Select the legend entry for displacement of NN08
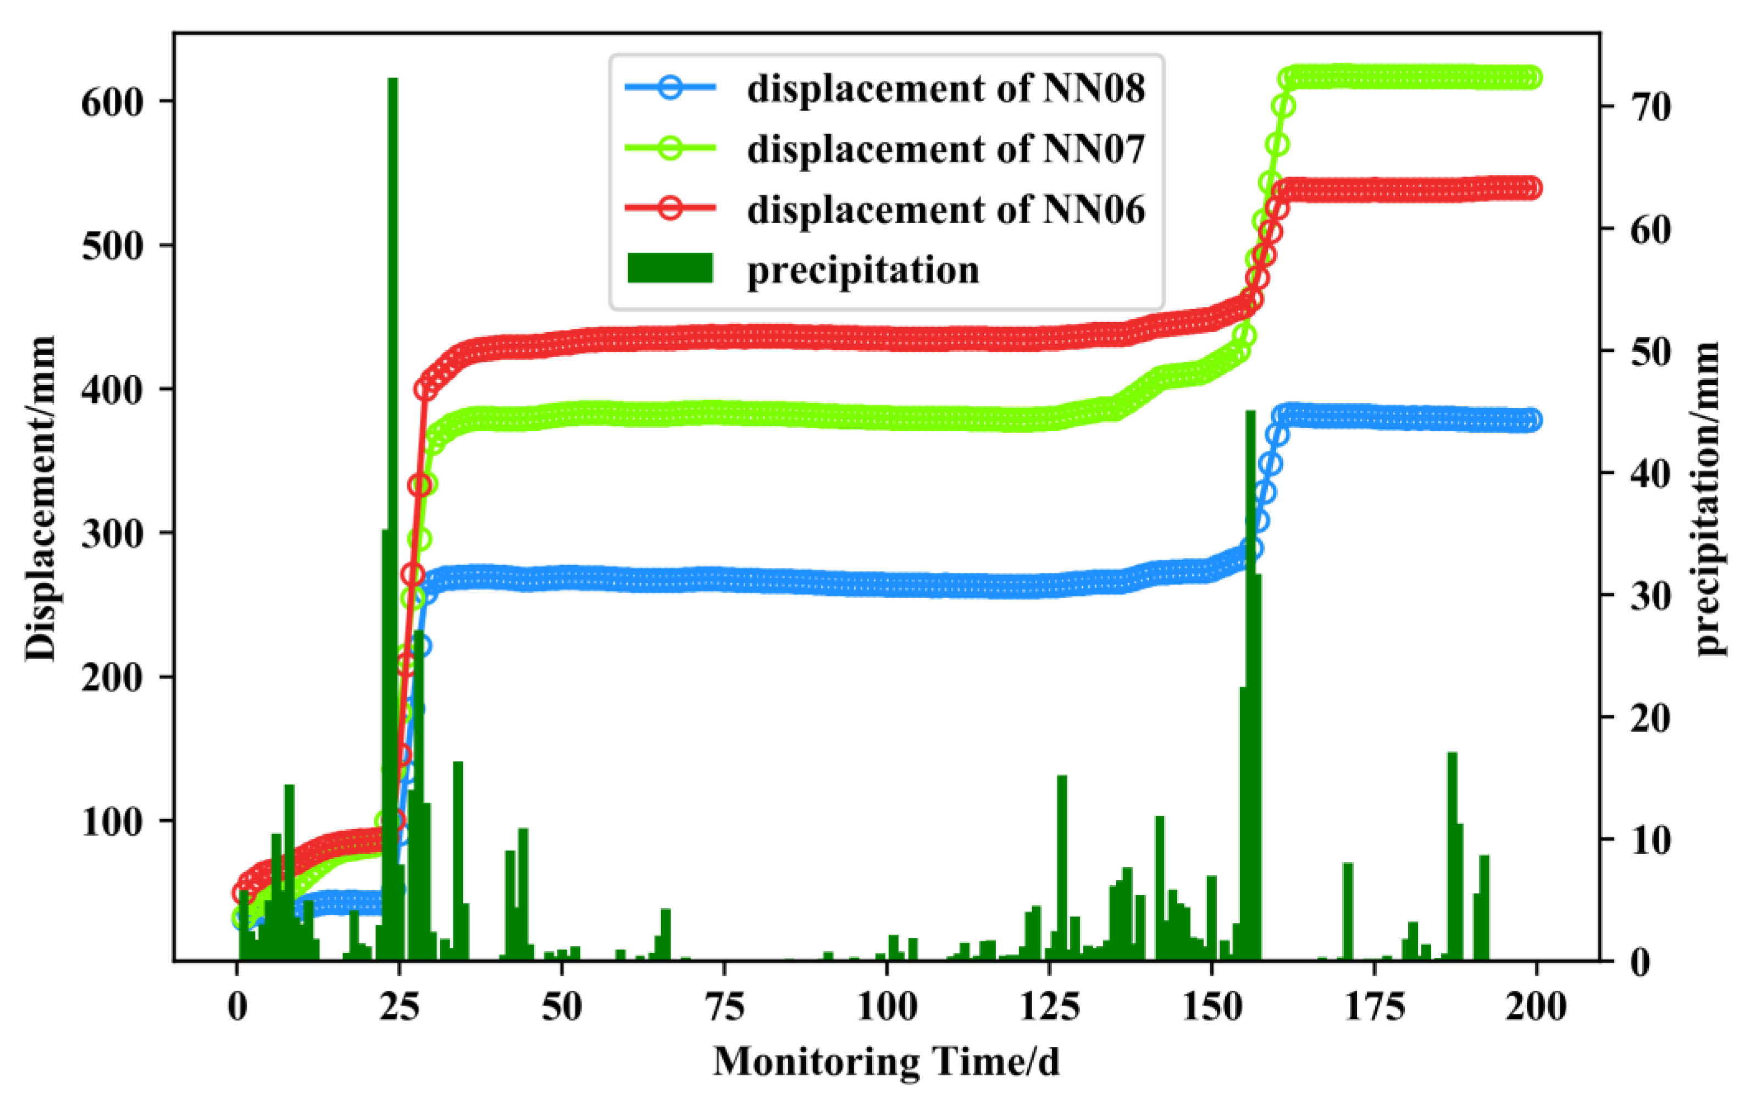pos(946,89)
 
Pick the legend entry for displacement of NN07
pos(946,150)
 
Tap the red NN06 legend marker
pos(671,209)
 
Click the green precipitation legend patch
pos(671,268)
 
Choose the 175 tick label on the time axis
pos(1374,1008)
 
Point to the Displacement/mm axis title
pos(41,499)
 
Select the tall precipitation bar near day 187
pos(1452,855)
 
